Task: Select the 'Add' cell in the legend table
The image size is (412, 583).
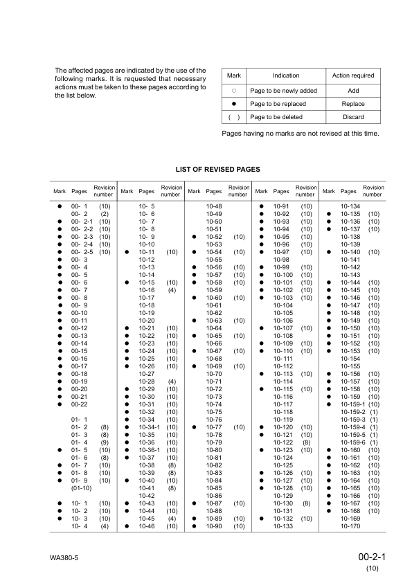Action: tap(352, 91)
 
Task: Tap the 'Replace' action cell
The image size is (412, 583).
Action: tap(352, 104)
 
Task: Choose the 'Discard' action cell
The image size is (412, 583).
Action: tap(352, 117)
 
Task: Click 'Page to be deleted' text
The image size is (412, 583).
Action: tap(278, 117)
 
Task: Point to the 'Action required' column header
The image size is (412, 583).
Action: tap(352, 75)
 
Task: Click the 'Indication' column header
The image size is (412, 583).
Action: tap(286, 75)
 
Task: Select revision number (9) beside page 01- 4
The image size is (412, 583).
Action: tap(105, 442)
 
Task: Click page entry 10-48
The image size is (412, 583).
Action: tap(214, 206)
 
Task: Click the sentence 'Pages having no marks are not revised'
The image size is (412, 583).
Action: tap(300, 133)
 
